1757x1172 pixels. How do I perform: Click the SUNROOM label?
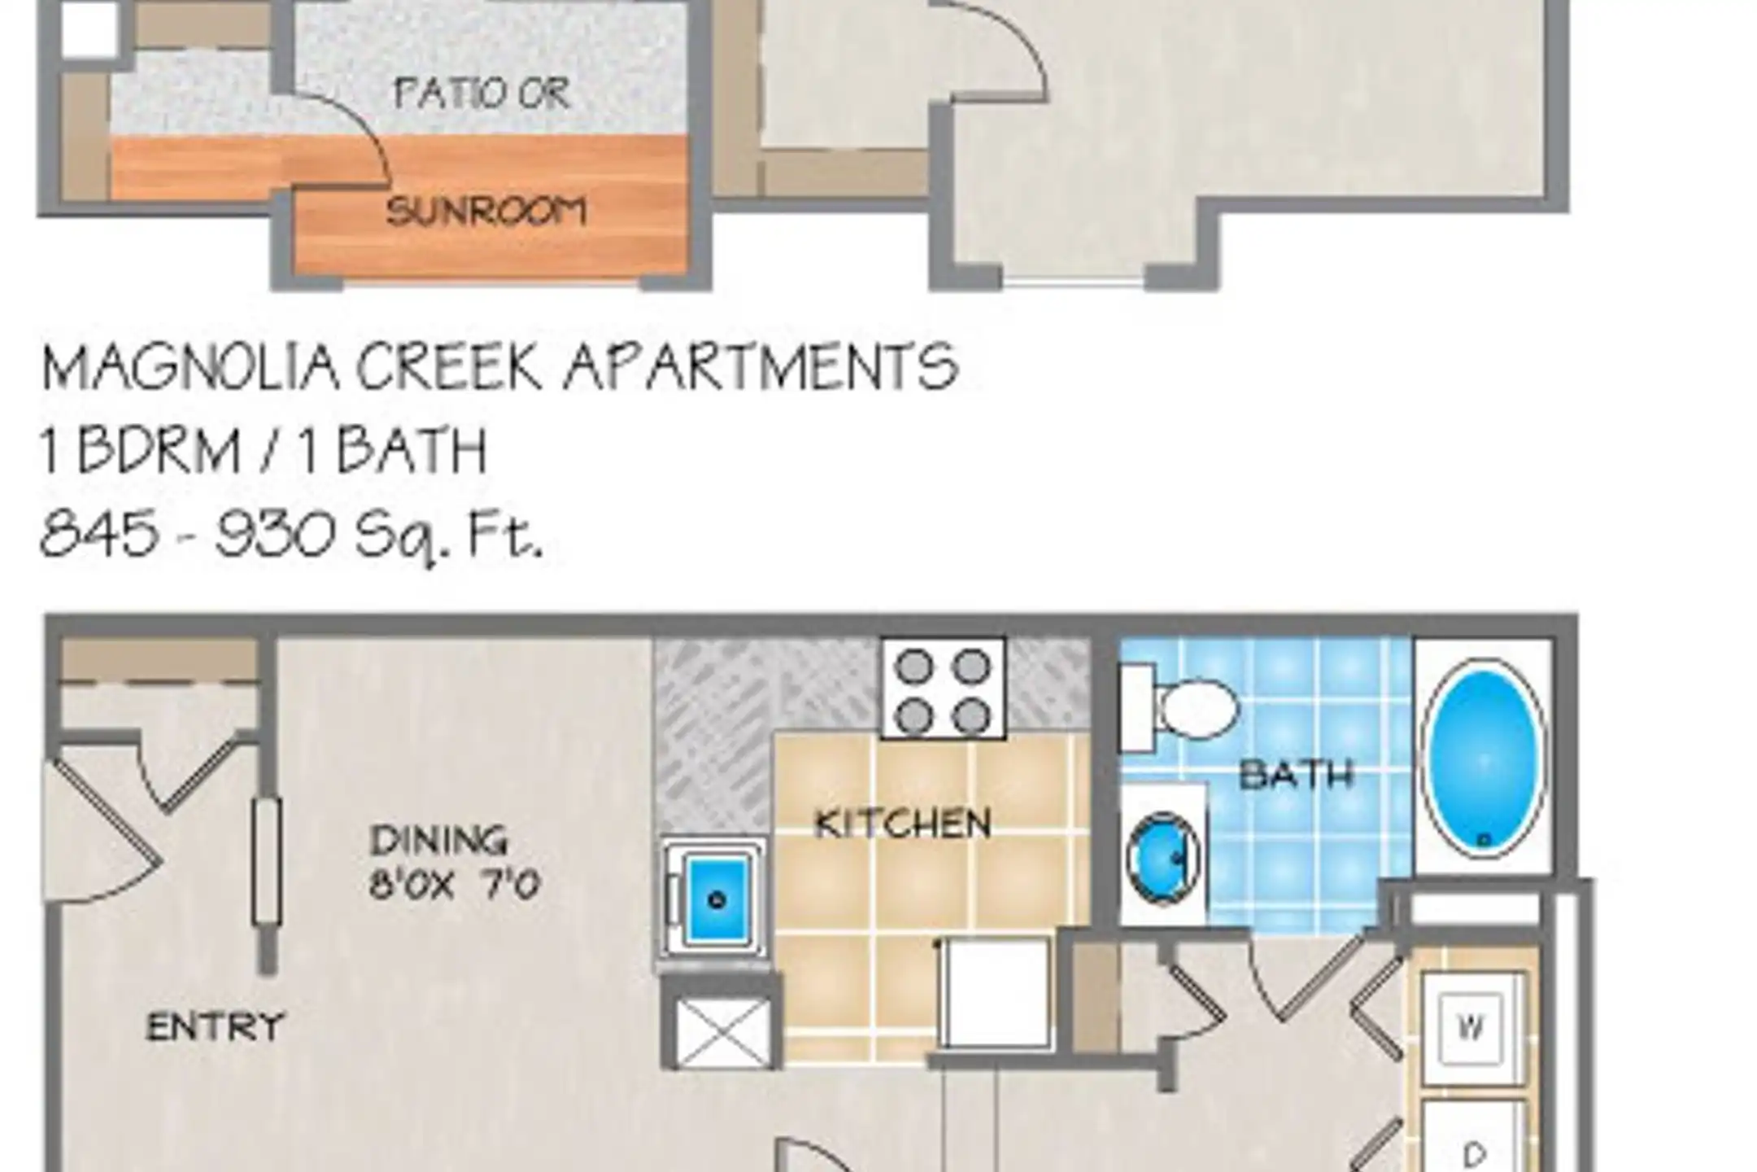(486, 212)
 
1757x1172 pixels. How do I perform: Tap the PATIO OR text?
(482, 93)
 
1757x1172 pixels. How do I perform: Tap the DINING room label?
(438, 840)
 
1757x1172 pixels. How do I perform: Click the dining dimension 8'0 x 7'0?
(455, 884)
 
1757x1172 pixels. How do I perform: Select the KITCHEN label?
(903, 824)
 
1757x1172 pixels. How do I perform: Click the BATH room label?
(1296, 775)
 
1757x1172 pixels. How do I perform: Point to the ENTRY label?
(215, 1026)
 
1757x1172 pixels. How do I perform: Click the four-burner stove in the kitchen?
(944, 689)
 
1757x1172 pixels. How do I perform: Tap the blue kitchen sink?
(716, 898)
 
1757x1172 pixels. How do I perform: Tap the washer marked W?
(1471, 1028)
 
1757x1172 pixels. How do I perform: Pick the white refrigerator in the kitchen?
(994, 992)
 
